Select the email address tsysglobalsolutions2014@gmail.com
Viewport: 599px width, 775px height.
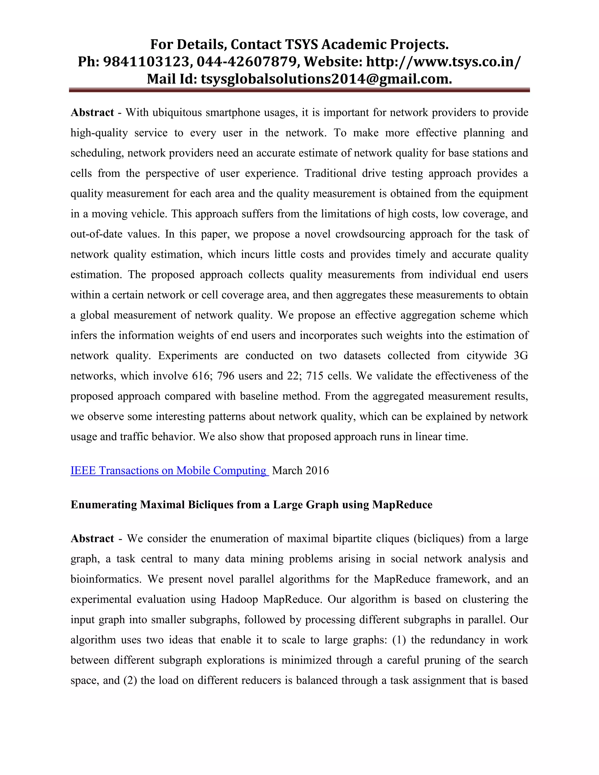click(x=326, y=79)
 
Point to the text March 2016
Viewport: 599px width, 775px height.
click(x=300, y=470)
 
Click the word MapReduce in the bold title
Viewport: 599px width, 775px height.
click(x=402, y=504)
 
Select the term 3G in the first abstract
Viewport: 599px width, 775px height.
click(x=521, y=356)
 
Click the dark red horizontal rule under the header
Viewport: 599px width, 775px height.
click(x=299, y=90)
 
